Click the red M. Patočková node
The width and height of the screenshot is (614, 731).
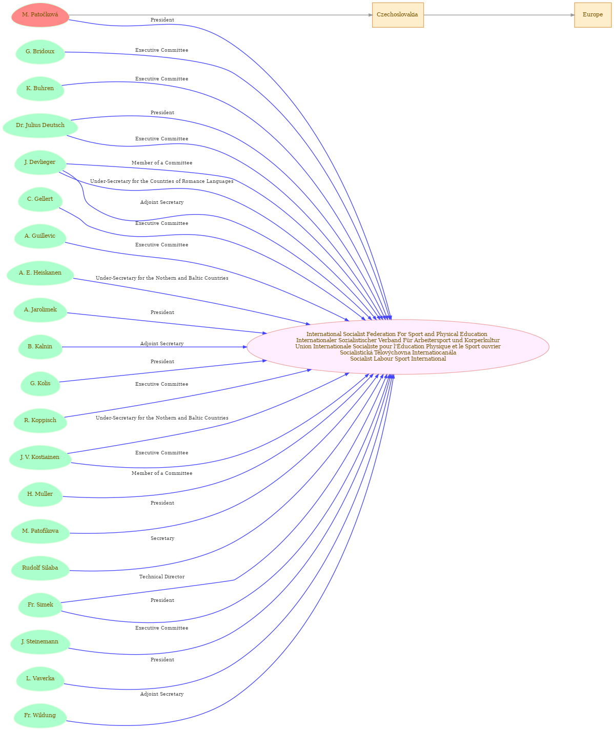pos(40,15)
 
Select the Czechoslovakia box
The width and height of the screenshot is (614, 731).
pos(398,15)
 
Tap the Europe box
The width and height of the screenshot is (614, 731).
pos(592,15)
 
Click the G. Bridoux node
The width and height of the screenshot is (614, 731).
pos(40,52)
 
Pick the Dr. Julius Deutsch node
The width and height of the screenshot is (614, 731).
pos(40,126)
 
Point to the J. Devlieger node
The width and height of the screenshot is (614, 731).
pos(40,162)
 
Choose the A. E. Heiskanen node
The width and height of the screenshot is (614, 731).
pos(40,273)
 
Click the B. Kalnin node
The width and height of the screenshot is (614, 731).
pos(40,347)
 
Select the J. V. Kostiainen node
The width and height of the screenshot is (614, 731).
pos(40,457)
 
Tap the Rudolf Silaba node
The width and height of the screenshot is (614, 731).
pos(40,568)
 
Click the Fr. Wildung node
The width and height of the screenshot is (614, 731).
pos(40,715)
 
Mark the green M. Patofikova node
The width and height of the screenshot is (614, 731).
pos(40,531)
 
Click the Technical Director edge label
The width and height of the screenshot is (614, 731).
pos(162,577)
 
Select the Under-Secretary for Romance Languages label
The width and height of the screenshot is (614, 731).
pos(162,181)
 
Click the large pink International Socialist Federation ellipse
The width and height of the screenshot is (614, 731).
pos(398,347)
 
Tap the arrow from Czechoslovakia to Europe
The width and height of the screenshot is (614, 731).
pos(499,15)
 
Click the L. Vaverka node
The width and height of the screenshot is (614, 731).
pos(40,678)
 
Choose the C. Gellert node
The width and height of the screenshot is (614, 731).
pos(40,199)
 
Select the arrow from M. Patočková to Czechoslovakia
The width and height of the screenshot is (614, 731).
pos(221,15)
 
